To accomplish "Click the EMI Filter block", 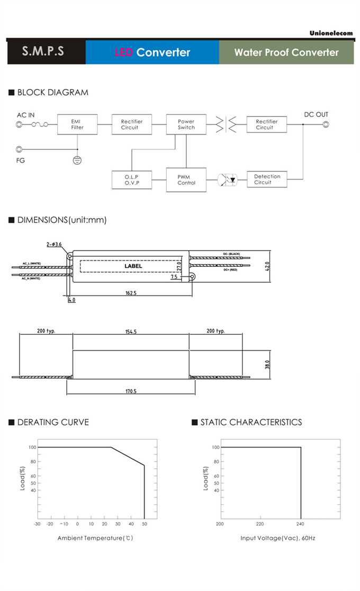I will pos(77,124).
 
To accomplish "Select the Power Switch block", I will pos(186,124).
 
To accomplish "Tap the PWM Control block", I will pos(186,180).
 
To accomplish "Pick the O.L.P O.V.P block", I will pos(131,180).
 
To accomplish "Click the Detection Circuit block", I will pos(267,180).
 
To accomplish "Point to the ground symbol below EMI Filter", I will pos(77,159).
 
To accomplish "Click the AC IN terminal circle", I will pos(20,125).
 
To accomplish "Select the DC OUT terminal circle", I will pos(326,125).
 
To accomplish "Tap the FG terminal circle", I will pos(20,150).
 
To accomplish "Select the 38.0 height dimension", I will pos(267,364).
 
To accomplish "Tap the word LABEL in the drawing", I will pos(133,266).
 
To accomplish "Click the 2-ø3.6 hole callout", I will pos(54,244).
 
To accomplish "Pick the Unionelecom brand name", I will pos(331,33).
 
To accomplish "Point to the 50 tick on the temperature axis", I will pos(144,524).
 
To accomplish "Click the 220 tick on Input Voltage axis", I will pos(260,524).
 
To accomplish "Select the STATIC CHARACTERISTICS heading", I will pos(251,422).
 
